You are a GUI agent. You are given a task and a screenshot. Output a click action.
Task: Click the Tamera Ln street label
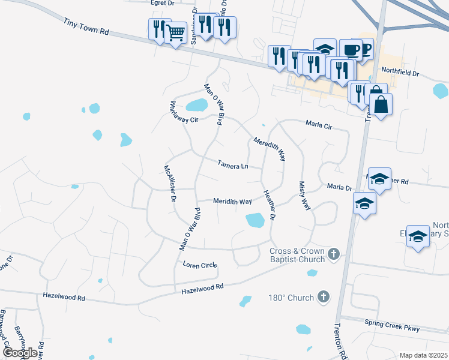point(233,164)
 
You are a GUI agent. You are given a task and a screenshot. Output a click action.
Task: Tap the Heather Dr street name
point(268,205)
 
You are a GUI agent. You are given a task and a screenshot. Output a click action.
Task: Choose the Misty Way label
point(305,196)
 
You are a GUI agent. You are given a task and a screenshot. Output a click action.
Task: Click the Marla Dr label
point(339,187)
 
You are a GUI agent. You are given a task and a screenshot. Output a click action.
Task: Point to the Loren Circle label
point(200,265)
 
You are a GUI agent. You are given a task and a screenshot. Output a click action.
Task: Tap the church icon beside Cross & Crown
point(334,256)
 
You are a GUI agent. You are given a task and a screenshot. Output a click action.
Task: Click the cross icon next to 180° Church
point(324,297)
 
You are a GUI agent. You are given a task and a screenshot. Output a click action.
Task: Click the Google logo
point(19,353)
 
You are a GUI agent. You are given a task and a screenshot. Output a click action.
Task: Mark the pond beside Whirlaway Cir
point(196,106)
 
